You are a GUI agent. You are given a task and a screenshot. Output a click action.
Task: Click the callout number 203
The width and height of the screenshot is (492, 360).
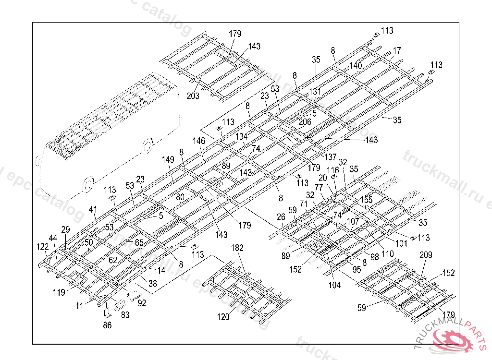(x=193, y=96)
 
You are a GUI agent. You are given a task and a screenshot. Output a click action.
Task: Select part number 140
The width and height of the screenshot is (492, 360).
(x=356, y=65)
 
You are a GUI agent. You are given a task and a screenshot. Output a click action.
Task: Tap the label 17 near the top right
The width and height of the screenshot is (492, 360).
(x=397, y=50)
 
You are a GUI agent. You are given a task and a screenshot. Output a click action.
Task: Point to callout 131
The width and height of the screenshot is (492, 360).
(x=315, y=91)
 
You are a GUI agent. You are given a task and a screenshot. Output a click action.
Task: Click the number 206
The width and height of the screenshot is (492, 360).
(x=305, y=122)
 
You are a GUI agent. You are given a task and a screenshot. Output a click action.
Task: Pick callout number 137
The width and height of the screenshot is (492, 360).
(x=330, y=157)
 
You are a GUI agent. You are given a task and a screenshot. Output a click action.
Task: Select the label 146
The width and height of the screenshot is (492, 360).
(x=199, y=141)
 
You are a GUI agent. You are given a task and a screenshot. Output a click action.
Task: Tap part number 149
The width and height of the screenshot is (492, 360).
(x=168, y=159)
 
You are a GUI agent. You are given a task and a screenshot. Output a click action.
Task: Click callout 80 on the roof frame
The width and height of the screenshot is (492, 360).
(x=180, y=197)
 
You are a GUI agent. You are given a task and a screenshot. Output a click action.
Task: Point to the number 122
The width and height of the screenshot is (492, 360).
(x=43, y=247)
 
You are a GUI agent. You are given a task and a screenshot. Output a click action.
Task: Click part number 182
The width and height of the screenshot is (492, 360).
(x=237, y=248)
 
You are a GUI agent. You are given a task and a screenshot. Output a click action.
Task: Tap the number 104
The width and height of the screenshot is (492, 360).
(x=334, y=285)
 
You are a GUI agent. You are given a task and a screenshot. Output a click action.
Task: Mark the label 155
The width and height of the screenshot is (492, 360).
(x=366, y=199)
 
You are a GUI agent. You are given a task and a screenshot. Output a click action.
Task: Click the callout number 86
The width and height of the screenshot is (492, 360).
(x=107, y=325)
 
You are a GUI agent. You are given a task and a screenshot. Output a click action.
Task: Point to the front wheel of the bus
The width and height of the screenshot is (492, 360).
(x=88, y=185)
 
